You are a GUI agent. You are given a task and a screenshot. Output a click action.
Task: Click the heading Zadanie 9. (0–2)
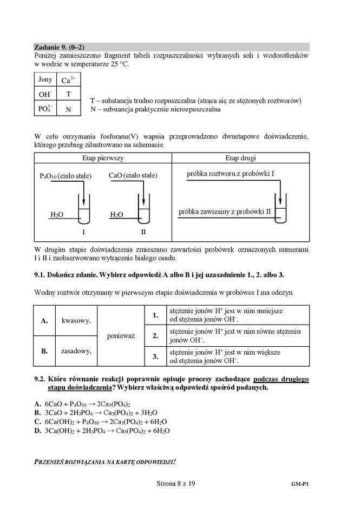point(59,47)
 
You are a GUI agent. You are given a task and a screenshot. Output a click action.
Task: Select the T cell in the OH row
point(69,94)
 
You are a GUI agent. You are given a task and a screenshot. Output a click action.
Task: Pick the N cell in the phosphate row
point(69,109)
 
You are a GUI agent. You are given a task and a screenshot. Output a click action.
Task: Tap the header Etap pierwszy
point(103,158)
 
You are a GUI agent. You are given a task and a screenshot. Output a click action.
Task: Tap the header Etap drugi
point(240,158)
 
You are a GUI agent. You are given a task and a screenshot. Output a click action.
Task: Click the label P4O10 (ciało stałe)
point(66,176)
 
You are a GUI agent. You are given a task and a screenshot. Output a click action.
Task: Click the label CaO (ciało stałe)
point(133,176)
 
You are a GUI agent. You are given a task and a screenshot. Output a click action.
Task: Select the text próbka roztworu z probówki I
point(230,174)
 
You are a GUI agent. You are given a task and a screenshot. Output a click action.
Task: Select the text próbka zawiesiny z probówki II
point(225,211)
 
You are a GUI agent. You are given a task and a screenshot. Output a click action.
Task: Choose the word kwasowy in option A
point(76,320)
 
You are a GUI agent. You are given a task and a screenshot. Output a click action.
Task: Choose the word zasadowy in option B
point(76,351)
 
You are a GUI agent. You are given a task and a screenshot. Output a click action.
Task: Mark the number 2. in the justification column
point(155,335)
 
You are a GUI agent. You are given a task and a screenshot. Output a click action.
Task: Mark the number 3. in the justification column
point(155,356)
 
